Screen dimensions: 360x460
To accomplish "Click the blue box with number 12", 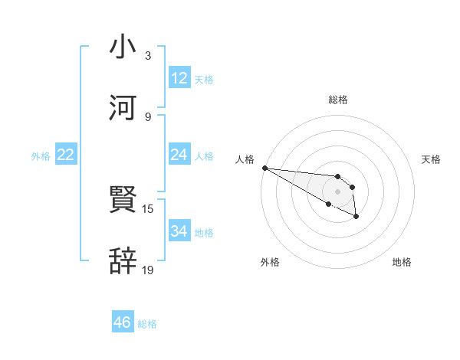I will pyautogui.click(x=179, y=77).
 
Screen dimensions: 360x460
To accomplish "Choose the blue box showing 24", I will pyautogui.click(x=179, y=155).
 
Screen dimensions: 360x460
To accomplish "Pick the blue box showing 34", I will pyautogui.click(x=179, y=231).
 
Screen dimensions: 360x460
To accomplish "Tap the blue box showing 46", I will pyautogui.click(x=122, y=322).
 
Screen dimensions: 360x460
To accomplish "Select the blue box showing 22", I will pyautogui.click(x=65, y=155).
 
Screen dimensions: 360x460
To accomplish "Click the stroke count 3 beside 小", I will pyautogui.click(x=148, y=56).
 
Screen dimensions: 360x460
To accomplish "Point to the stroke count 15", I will pyautogui.click(x=148, y=208).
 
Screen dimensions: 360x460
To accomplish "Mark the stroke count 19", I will pyautogui.click(x=148, y=270).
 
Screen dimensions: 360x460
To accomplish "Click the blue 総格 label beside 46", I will pyautogui.click(x=147, y=324).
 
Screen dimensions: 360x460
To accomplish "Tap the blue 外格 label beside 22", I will pyautogui.click(x=41, y=156).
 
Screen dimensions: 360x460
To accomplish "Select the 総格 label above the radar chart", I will pyautogui.click(x=338, y=100).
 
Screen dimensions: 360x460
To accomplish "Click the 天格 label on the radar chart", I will pyautogui.click(x=432, y=159).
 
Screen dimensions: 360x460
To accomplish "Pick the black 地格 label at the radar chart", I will pyautogui.click(x=402, y=262).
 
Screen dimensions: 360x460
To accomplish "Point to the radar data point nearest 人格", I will pyautogui.click(x=264, y=168).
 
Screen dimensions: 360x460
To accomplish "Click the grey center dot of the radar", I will pyautogui.click(x=338, y=191).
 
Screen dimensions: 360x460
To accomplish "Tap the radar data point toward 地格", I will pyautogui.click(x=356, y=217).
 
